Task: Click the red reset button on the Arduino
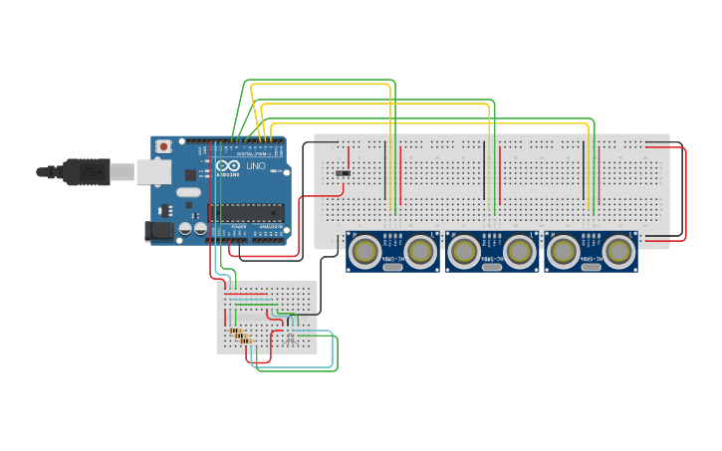163,146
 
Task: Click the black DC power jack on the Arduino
159,231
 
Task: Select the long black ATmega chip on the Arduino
245,211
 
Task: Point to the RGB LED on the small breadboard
290,338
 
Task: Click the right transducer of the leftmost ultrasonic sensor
419,251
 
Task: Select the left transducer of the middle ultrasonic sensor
464,251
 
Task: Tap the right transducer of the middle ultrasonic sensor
518,251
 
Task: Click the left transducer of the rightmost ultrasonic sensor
563,251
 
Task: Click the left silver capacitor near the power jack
186,228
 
